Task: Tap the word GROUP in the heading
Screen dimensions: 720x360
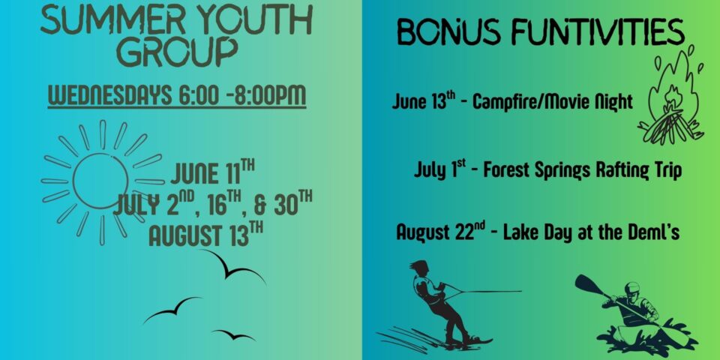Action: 177,52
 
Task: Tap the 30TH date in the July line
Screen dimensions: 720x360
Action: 293,203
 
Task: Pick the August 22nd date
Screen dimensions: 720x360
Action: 439,232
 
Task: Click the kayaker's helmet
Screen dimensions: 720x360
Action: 632,288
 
